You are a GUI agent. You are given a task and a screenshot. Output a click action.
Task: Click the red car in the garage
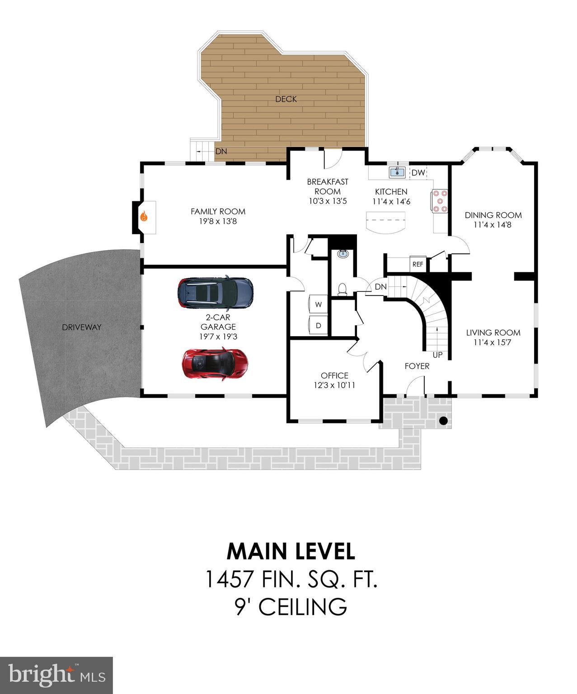pyautogui.click(x=215, y=364)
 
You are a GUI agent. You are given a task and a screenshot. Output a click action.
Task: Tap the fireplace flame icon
pyautogui.click(x=144, y=216)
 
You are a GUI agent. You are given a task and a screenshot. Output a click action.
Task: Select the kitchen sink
pyautogui.click(x=397, y=172)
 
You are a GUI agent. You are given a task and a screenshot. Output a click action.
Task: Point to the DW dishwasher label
pyautogui.click(x=418, y=173)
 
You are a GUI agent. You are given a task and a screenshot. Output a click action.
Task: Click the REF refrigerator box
pyautogui.click(x=418, y=264)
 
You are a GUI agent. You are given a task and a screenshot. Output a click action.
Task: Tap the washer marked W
pyautogui.click(x=318, y=305)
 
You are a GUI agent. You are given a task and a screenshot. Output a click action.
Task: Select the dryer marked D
pyautogui.click(x=318, y=325)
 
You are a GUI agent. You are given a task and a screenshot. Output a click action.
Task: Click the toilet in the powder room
pyautogui.click(x=343, y=289)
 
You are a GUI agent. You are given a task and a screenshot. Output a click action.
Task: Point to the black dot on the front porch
pyautogui.click(x=443, y=421)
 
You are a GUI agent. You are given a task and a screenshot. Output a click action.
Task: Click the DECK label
pyautogui.click(x=286, y=99)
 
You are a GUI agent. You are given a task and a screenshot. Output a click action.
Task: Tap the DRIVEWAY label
pyautogui.click(x=82, y=327)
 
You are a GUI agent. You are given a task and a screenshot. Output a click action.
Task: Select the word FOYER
pyautogui.click(x=417, y=366)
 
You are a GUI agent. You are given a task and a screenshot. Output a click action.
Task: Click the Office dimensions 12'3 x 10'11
pyautogui.click(x=334, y=385)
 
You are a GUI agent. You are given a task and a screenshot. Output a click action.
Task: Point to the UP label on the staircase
pyautogui.click(x=437, y=355)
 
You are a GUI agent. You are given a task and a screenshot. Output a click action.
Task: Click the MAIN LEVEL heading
pyautogui.click(x=291, y=551)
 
